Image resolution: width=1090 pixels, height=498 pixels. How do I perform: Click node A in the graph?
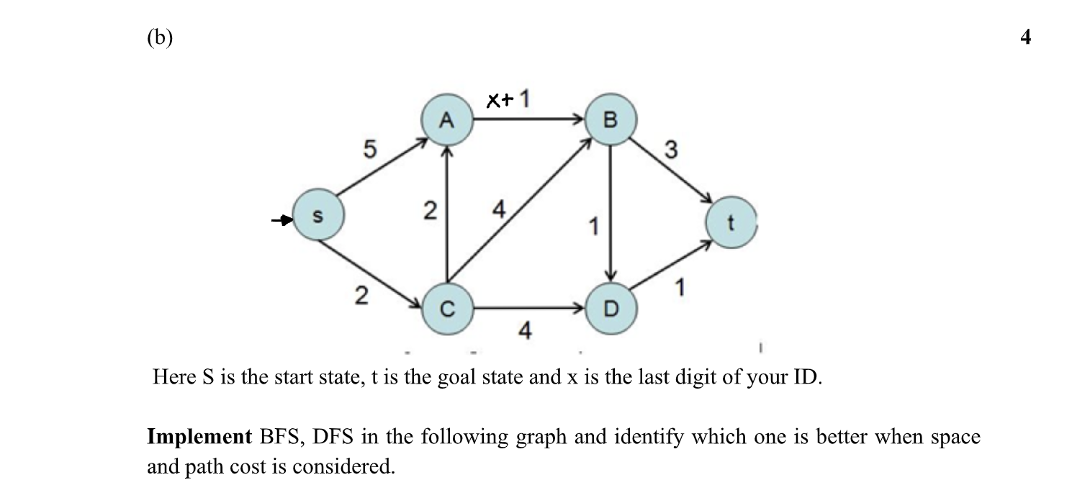coord(447,119)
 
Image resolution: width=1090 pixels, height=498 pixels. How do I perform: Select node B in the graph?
coord(610,119)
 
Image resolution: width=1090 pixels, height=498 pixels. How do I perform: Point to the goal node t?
coord(731,223)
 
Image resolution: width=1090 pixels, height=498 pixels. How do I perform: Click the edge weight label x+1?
coord(508,99)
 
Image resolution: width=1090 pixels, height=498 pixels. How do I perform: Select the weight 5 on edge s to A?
coord(369,150)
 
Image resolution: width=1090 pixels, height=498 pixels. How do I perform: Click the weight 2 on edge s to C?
coord(363,296)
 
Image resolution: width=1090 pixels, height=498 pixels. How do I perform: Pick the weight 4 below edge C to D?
coord(526,331)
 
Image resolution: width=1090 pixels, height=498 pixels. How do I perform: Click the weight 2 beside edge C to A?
coord(429,212)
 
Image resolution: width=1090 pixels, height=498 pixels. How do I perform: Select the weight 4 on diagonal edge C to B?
coord(498,211)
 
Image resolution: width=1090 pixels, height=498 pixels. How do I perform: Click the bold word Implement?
coord(194,438)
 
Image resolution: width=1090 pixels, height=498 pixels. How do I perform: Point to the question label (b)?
coord(160,37)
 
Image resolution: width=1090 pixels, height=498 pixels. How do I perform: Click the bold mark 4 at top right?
coord(1025,37)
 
